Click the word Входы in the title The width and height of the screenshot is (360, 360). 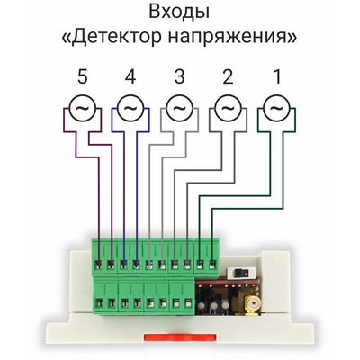pos(179,13)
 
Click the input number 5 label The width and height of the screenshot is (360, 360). pos(82,76)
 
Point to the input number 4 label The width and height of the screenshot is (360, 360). pos(130,76)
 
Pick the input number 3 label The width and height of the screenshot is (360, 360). pos(179,76)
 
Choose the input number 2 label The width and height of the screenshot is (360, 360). pos(228,76)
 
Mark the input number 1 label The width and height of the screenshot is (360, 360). pos(276,76)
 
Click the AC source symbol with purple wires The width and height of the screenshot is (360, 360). pos(83,108)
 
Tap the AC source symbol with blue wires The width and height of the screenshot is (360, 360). pos(130,108)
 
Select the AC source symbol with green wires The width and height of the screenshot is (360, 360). pos(276,108)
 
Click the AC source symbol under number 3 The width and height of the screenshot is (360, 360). pos(179,108)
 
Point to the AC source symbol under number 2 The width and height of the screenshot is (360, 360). pos(228,108)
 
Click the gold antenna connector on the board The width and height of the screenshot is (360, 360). pos(251,305)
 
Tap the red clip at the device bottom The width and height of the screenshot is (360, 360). pos(180,337)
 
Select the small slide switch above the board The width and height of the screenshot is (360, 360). pos(241,272)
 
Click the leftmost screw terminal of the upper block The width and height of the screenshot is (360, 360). pos(98,265)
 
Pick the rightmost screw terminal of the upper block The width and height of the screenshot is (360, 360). pos(212,265)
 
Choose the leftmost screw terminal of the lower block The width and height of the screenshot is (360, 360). pos(99,303)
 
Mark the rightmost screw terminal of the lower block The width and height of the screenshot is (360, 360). pos(188,303)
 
